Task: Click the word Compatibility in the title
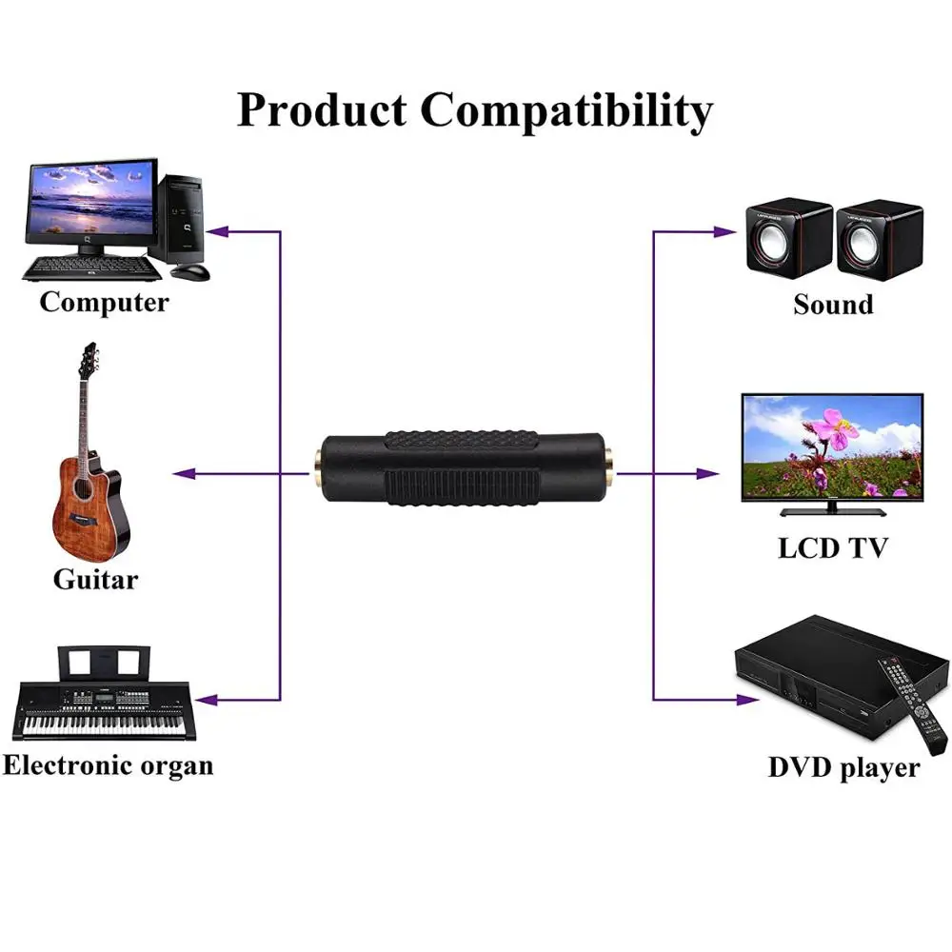pyautogui.click(x=566, y=110)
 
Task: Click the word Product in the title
pyautogui.click(x=321, y=110)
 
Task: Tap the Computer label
pyautogui.click(x=104, y=303)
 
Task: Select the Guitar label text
pyautogui.click(x=95, y=579)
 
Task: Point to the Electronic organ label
pyautogui.click(x=108, y=764)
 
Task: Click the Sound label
pyautogui.click(x=833, y=305)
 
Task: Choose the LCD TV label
pyautogui.click(x=833, y=548)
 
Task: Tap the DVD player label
pyautogui.click(x=843, y=767)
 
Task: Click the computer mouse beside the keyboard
pyautogui.click(x=191, y=270)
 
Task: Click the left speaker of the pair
pyautogui.click(x=786, y=238)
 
